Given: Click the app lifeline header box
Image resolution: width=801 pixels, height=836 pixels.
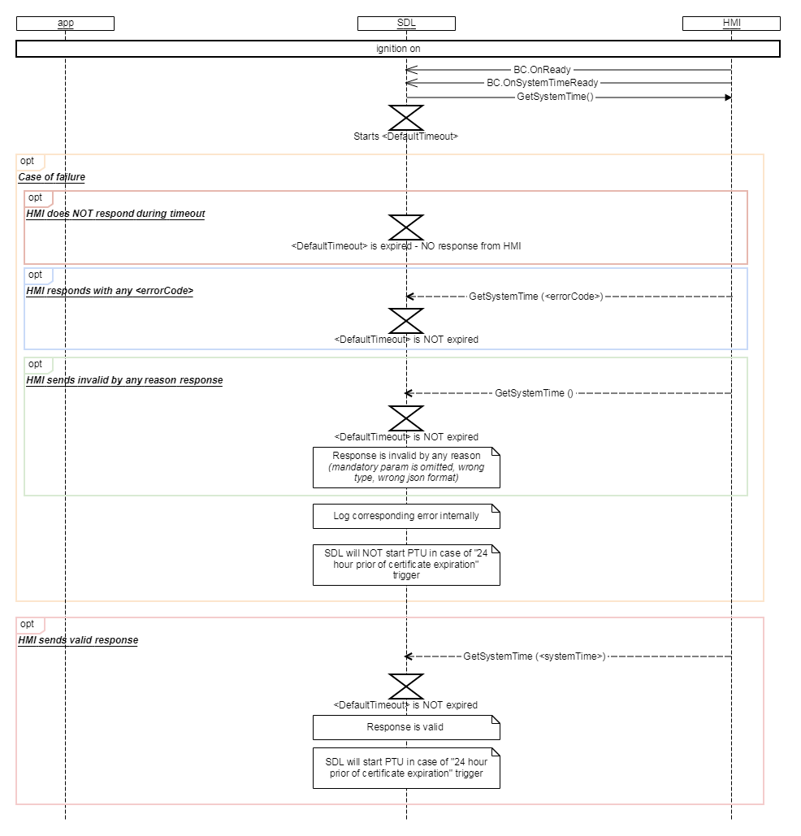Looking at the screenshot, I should (65, 24).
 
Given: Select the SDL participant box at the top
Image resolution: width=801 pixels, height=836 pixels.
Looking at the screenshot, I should (406, 24).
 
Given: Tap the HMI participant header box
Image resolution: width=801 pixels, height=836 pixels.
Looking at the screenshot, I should (731, 24).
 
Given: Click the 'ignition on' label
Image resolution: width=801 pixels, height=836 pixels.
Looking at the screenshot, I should (398, 50).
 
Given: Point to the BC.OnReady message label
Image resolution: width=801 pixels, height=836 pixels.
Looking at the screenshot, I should (542, 70).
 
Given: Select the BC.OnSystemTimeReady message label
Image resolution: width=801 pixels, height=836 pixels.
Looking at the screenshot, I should (542, 83).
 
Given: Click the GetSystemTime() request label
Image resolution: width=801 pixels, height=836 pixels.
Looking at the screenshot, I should (555, 97).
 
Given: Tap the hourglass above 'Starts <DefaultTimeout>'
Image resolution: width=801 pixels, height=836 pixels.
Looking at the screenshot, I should (406, 117).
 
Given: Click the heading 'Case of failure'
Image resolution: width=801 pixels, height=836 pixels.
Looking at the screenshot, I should (52, 177).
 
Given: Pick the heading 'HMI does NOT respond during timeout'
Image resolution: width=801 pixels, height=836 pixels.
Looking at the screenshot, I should (115, 214).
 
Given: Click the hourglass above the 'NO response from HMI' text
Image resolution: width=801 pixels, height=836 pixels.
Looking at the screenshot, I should (406, 227).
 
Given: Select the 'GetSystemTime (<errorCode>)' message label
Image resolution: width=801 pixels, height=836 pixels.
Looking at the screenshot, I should (536, 297).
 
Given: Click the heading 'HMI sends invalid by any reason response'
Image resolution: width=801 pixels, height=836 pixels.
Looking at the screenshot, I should (124, 380).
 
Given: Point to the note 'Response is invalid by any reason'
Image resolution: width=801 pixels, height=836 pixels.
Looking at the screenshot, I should (406, 467).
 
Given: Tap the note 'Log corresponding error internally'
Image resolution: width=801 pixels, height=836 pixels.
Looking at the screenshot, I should (406, 516).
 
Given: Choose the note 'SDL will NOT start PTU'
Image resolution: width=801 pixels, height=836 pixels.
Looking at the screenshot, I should (406, 565).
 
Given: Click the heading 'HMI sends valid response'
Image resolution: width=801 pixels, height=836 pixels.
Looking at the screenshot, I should (78, 640).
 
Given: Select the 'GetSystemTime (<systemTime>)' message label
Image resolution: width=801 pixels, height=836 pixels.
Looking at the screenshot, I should (535, 656).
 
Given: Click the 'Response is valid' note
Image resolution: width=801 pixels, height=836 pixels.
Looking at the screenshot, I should (406, 727).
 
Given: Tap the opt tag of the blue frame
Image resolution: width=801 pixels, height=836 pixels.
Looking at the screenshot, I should (36, 275).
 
